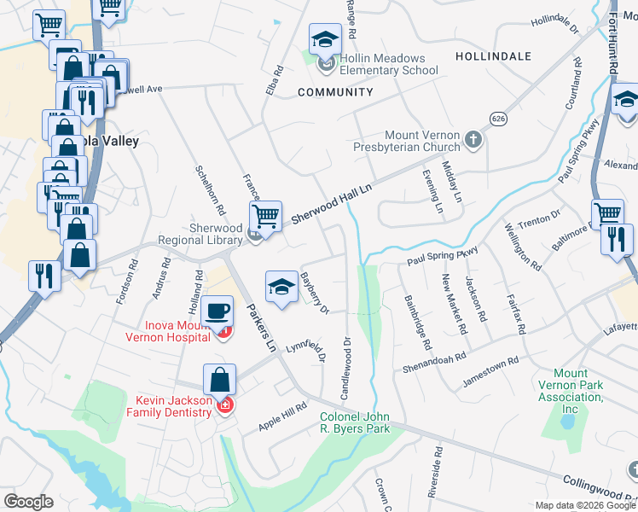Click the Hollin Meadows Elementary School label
pos(389,64)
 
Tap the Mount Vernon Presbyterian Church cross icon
pos(473,138)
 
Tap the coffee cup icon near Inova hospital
pos(219,308)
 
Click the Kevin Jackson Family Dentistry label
pos(173,406)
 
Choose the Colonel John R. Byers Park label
pos(355,422)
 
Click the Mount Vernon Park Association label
pos(570,386)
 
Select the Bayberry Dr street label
pos(315,293)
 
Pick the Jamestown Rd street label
pos(490,367)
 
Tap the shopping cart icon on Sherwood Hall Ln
pos(266,215)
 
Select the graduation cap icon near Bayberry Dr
pos(281,287)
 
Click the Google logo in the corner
pos(27,502)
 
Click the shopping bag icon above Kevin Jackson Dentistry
pos(219,378)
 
